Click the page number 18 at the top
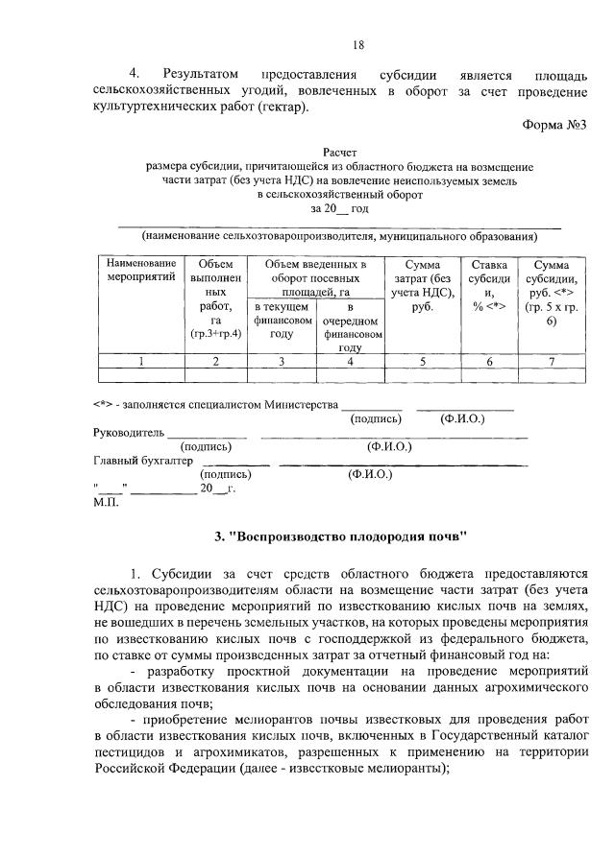pos(358,44)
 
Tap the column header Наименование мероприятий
pos(141,271)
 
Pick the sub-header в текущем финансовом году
pos(282,320)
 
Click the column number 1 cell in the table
pos(141,362)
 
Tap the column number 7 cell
pos(551,362)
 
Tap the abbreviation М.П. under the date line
pos(105,502)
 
